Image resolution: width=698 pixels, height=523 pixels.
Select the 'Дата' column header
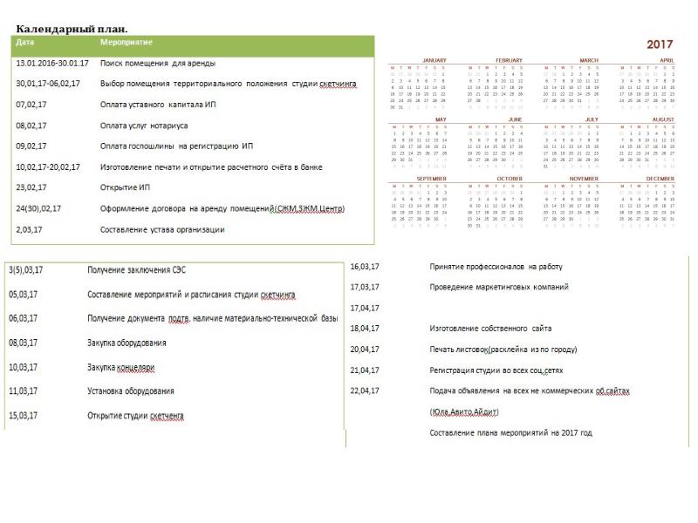pyautogui.click(x=25, y=42)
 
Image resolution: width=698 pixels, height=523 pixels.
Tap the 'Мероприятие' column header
pyautogui.click(x=127, y=42)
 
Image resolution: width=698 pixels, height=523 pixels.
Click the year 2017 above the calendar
pyautogui.click(x=660, y=44)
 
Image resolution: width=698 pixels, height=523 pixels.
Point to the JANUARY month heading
pyautogui.click(x=434, y=60)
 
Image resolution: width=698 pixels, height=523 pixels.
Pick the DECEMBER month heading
pyautogui.click(x=660, y=179)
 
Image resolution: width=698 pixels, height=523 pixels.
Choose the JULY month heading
pyautogui.click(x=591, y=119)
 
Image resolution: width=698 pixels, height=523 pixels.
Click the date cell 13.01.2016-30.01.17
pyautogui.click(x=52, y=63)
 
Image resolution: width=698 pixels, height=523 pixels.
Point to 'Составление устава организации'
pyautogui.click(x=162, y=230)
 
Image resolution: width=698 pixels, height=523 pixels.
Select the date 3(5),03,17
pyautogui.click(x=27, y=270)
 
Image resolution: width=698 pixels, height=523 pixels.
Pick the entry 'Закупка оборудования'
pyautogui.click(x=127, y=343)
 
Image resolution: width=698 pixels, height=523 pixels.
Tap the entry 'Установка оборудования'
pyautogui.click(x=130, y=391)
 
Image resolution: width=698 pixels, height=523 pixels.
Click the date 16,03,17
pyautogui.click(x=364, y=267)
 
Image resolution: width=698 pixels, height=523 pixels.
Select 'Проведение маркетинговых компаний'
pyautogui.click(x=498, y=287)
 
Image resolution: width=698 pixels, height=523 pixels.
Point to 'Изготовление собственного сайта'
pyautogui.click(x=491, y=329)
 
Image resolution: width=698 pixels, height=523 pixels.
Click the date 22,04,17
pyautogui.click(x=364, y=391)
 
